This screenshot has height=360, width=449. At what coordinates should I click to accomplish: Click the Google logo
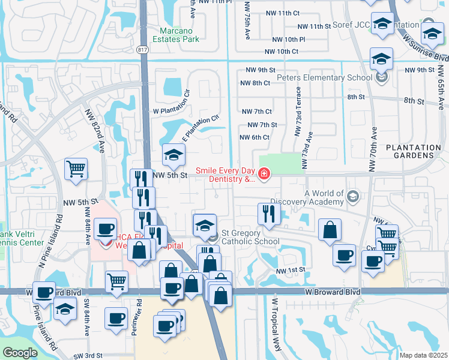point(19,353)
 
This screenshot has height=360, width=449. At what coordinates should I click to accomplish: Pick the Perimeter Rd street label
point(139,316)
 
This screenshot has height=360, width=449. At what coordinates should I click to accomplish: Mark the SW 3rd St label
point(85,355)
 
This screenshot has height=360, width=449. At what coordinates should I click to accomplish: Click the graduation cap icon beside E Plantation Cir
point(173,155)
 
